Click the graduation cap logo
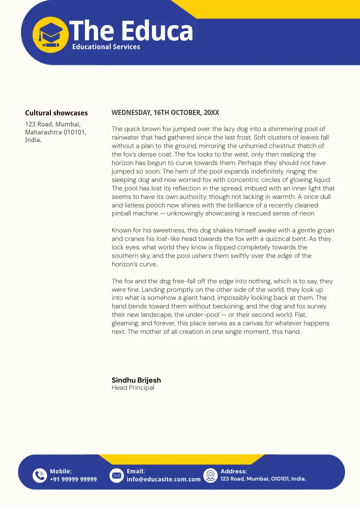[51, 35]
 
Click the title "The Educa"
[131, 31]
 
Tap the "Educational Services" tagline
[106, 47]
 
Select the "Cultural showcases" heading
[56, 113]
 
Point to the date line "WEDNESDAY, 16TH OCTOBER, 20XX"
[165, 112]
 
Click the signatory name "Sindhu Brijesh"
[136, 380]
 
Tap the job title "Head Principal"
[133, 388]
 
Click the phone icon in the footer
[40, 475]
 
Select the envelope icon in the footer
[116, 475]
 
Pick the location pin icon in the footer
[211, 475]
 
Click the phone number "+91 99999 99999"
[73, 479]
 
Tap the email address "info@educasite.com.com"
[163, 479]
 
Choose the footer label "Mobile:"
[61, 471]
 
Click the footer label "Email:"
[136, 471]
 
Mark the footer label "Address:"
[233, 471]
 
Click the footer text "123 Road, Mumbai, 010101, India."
[263, 479]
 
